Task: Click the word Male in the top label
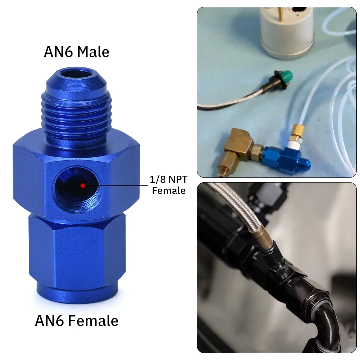tap(93, 51)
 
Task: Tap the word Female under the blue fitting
tap(93, 320)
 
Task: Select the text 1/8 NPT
tap(168, 179)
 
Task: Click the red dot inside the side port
tap(83, 185)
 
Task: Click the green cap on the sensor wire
tap(286, 76)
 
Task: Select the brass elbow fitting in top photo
tap(239, 149)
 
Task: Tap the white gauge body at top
tap(287, 32)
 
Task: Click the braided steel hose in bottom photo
tap(239, 207)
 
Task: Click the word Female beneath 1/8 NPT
tap(169, 191)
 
